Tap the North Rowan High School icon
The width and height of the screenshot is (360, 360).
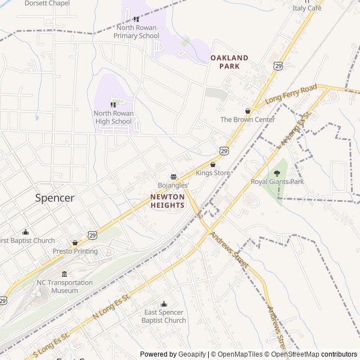point(113,105)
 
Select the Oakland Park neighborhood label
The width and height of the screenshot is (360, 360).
point(229,62)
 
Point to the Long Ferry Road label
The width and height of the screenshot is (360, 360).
point(291,94)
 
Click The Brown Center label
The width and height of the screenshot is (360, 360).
point(247,119)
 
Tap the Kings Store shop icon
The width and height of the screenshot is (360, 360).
point(213,165)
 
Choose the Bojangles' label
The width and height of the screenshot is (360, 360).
point(173,185)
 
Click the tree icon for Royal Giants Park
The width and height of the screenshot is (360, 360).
point(276,173)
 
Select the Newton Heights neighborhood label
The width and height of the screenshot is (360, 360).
point(167,201)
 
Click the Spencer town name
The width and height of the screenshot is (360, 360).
point(55,198)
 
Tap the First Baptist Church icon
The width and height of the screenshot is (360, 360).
point(25,232)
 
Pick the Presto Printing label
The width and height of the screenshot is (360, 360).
point(75,251)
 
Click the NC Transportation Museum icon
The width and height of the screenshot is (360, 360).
point(64,274)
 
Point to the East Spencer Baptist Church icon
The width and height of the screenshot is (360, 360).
point(164,304)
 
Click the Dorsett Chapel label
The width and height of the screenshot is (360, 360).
point(47,3)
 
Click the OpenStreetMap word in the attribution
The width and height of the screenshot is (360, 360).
point(296,354)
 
